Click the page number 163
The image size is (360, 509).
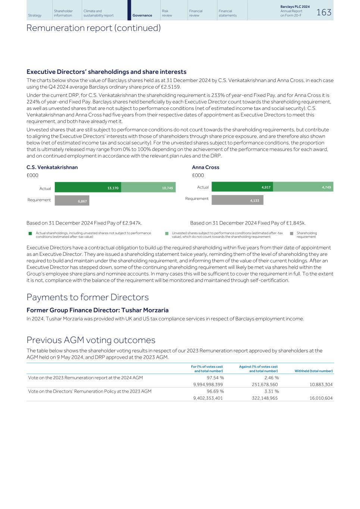point(323,12)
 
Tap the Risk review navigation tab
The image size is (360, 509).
point(167,13)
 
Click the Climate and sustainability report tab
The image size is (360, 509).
point(98,13)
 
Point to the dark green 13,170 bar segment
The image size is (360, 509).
point(88,188)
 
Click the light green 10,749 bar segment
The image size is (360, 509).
point(148,188)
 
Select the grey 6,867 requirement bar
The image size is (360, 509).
point(72,201)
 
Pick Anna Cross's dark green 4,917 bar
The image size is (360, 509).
point(242,187)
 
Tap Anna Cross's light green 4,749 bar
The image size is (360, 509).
point(303,187)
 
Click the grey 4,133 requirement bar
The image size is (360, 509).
point(237,200)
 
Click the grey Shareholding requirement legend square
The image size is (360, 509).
point(292,233)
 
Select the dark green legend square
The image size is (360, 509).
point(30,233)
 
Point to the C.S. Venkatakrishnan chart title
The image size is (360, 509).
point(52,167)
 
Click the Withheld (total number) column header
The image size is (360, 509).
point(313,371)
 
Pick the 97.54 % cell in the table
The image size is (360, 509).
point(215,378)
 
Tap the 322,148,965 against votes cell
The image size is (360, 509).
point(264,398)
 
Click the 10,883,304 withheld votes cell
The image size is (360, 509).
point(321,384)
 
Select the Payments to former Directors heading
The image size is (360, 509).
point(87,297)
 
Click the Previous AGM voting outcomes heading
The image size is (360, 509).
point(91,340)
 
